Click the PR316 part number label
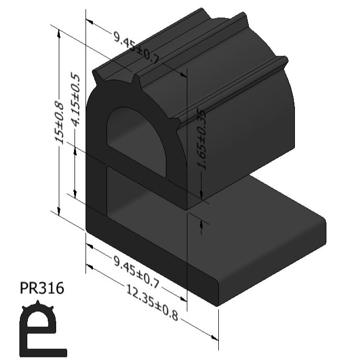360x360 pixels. click(x=42, y=288)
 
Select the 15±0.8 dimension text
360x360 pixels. click(x=59, y=123)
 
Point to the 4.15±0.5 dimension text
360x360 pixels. click(x=76, y=100)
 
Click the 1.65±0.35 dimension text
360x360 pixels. click(x=202, y=140)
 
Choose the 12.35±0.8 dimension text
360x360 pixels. click(x=152, y=302)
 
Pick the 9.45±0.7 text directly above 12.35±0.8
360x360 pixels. click(x=136, y=272)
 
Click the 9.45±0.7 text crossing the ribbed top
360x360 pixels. click(x=136, y=48)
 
